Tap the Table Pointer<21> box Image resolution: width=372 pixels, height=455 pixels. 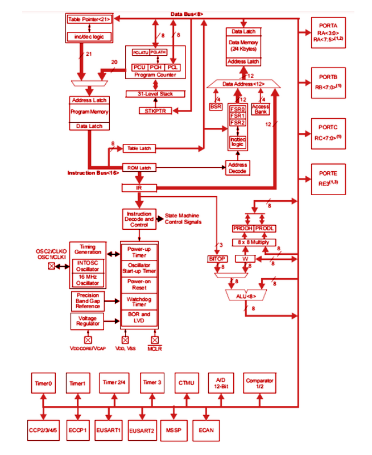click(90, 19)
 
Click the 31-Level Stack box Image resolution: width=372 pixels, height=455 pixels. click(155, 94)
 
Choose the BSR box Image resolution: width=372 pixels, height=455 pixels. click(216, 106)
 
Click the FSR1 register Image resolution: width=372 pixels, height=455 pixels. click(238, 115)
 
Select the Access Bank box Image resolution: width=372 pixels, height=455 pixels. click(261, 109)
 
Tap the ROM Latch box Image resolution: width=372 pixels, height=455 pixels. click(139, 167)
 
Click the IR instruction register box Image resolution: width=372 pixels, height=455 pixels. click(139, 188)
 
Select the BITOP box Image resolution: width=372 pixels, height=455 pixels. click(217, 259)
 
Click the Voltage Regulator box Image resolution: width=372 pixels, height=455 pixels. click(87, 320)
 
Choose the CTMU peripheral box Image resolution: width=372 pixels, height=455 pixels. click(186, 383)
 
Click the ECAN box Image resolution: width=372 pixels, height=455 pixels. click(207, 430)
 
